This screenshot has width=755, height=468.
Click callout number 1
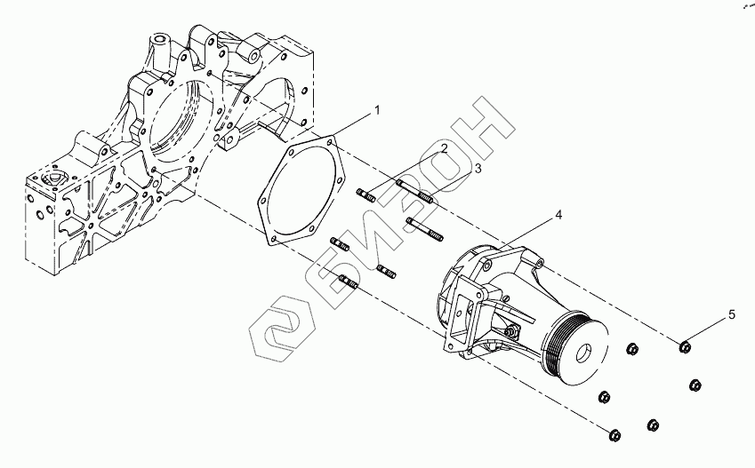click(377, 110)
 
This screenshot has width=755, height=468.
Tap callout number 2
click(444, 147)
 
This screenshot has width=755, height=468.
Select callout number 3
click(478, 169)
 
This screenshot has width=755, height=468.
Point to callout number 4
click(558, 215)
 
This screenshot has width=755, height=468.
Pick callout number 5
click(732, 315)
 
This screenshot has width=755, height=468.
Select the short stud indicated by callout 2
click(366, 195)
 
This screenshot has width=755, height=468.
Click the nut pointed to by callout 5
click(685, 346)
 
